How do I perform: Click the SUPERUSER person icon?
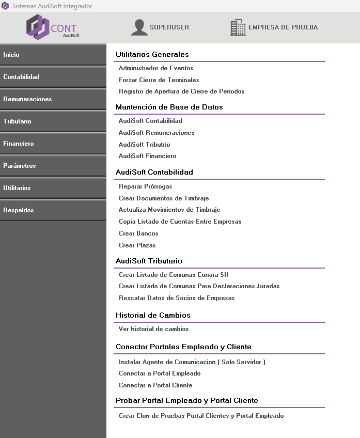[139, 27]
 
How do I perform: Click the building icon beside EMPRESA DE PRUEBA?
[238, 27]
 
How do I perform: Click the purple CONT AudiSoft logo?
[52, 27]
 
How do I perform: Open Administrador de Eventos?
[156, 68]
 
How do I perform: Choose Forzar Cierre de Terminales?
[159, 80]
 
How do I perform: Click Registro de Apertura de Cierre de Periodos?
[181, 91]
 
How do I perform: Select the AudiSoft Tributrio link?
[144, 145]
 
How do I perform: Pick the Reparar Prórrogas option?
[145, 186]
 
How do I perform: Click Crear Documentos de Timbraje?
[164, 198]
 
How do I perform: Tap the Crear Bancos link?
[138, 233]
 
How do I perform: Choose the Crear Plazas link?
[137, 245]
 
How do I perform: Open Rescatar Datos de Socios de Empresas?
[177, 298]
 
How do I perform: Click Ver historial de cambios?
[153, 329]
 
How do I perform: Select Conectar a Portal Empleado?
[160, 373]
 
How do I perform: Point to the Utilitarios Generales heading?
[152, 54]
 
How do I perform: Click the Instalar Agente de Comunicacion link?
[192, 362]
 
